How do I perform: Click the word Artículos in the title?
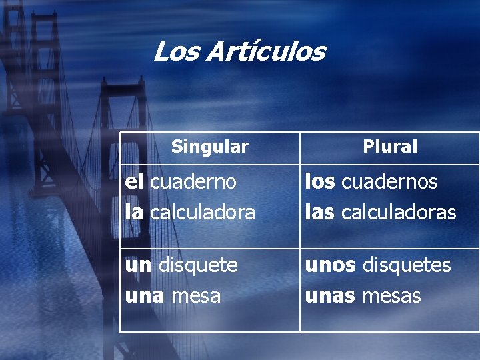(265, 51)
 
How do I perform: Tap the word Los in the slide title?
(176, 51)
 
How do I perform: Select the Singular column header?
(209, 146)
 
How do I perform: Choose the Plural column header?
(390, 147)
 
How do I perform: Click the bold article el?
(135, 181)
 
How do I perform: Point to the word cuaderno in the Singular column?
(193, 181)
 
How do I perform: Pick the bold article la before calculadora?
(134, 212)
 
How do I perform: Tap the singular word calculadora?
(203, 212)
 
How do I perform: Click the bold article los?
(320, 181)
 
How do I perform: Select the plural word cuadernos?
(389, 181)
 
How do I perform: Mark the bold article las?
(321, 212)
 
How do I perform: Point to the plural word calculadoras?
(399, 212)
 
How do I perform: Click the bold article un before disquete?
(138, 265)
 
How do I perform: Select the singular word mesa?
(196, 296)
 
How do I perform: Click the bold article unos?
(331, 265)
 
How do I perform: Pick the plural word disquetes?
(407, 265)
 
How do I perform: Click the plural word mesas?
(391, 296)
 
